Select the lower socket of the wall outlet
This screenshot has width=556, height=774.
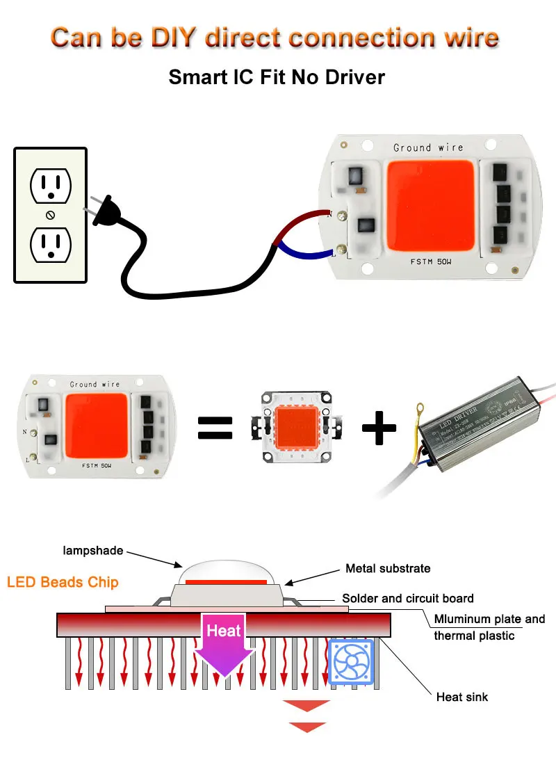click(x=50, y=245)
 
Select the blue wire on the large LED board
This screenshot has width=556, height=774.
click(x=306, y=249)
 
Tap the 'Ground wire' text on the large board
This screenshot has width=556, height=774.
click(x=423, y=147)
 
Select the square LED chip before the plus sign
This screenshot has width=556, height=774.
click(x=295, y=428)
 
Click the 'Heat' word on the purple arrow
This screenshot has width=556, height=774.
click(x=223, y=631)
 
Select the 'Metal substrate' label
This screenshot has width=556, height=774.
click(x=388, y=568)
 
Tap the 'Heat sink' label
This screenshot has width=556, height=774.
click(x=461, y=696)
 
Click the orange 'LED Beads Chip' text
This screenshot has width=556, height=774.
click(x=63, y=582)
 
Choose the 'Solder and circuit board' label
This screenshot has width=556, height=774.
click(x=407, y=598)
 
